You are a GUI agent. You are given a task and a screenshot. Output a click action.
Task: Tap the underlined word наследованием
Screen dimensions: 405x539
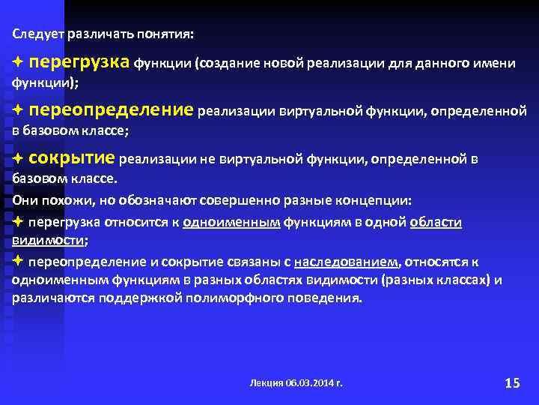[x=347, y=262]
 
